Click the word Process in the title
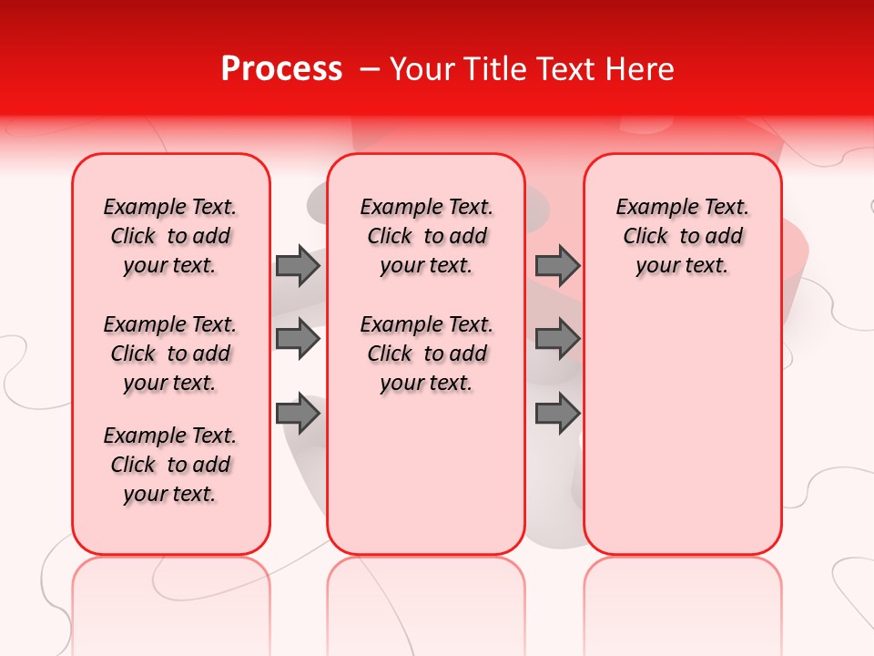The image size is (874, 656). pyautogui.click(x=281, y=69)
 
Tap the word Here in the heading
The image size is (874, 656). pyautogui.click(x=640, y=69)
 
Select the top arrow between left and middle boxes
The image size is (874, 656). pyautogui.click(x=298, y=265)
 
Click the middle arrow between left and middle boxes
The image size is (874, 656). pyautogui.click(x=298, y=339)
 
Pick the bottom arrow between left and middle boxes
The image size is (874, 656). pyautogui.click(x=298, y=415)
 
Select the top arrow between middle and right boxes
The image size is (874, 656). pyautogui.click(x=557, y=265)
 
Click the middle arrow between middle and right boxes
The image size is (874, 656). pyautogui.click(x=557, y=339)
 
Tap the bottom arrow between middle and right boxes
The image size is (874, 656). pyautogui.click(x=557, y=415)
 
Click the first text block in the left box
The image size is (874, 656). pyautogui.click(x=170, y=236)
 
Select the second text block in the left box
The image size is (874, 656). pyautogui.click(x=170, y=354)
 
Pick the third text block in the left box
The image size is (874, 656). pyautogui.click(x=170, y=465)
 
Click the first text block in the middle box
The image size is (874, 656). pyautogui.click(x=426, y=236)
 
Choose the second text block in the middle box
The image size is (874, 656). pyautogui.click(x=426, y=354)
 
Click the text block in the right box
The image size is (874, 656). pyautogui.click(x=682, y=236)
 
